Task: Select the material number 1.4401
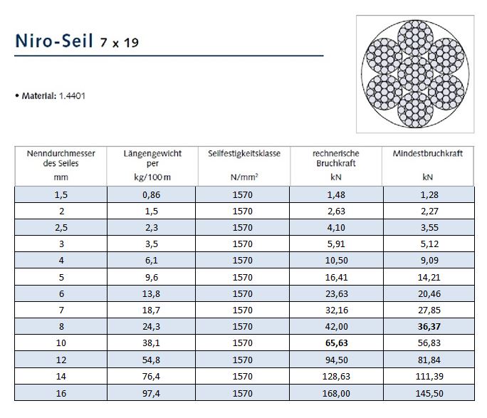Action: click(x=72, y=95)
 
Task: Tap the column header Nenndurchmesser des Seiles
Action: click(x=61, y=157)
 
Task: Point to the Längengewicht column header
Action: click(x=152, y=157)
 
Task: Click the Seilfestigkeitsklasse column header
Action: click(x=243, y=153)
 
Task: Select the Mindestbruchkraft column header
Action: click(x=427, y=153)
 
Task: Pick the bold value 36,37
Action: click(x=427, y=327)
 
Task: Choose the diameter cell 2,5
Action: click(x=61, y=228)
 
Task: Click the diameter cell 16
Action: click(x=61, y=394)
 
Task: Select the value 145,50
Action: click(x=427, y=394)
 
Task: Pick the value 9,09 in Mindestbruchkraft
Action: click(x=427, y=261)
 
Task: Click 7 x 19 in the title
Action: click(x=120, y=43)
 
